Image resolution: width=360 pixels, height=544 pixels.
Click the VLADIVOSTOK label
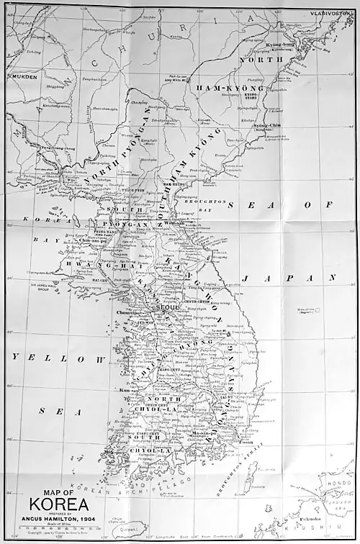pyautogui.click(x=330, y=13)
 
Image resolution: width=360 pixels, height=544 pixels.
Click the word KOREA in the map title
pyautogui.click(x=59, y=504)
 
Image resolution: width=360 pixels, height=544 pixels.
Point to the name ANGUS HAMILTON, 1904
pyautogui.click(x=59, y=518)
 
